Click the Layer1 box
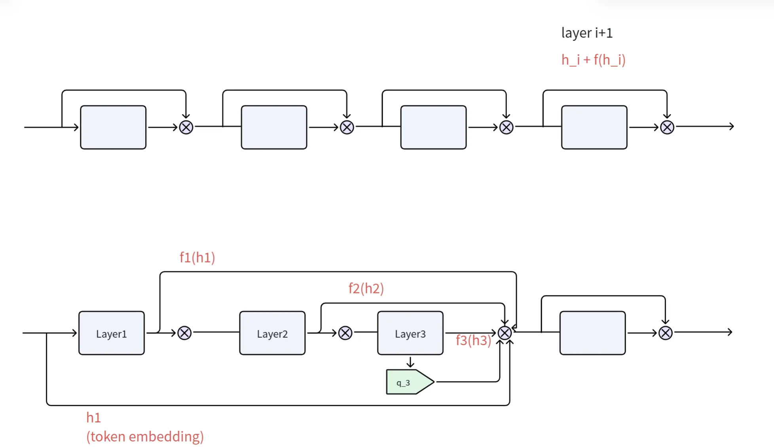[112, 333]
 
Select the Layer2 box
[272, 333]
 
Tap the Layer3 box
[410, 333]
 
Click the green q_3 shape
[410, 382]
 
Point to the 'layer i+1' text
[587, 33]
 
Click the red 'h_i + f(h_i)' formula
[594, 60]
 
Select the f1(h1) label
[197, 257]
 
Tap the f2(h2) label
[366, 288]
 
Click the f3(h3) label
[473, 340]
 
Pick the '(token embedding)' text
[145, 436]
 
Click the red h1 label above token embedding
[93, 417]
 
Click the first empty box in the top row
[113, 127]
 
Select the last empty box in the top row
[594, 127]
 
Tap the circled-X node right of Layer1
[184, 333]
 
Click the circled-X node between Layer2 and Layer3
[345, 333]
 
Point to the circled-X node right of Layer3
[505, 333]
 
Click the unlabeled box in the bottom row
[592, 333]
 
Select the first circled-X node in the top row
[186, 127]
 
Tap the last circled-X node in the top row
[667, 127]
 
